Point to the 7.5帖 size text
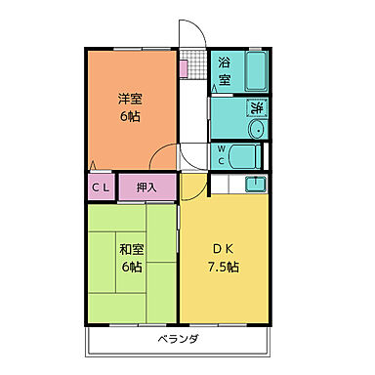click(224, 267)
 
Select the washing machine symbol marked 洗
click(257, 108)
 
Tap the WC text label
click(221, 155)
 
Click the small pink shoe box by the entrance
click(183, 68)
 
